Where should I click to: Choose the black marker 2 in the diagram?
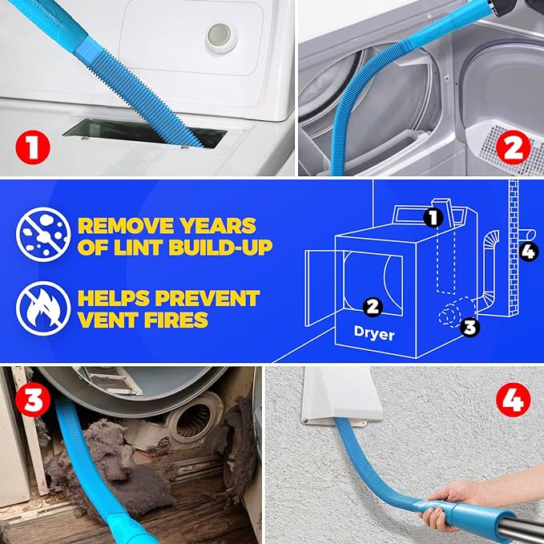click(x=372, y=305)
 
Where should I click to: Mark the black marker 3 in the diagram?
click(x=470, y=326)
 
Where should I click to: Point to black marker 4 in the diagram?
click(x=529, y=252)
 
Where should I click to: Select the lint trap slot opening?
click(x=144, y=133)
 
